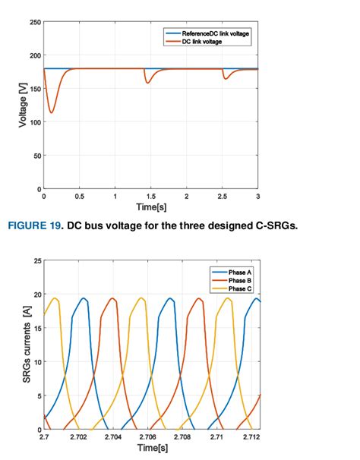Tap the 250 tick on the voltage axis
click(x=36, y=22)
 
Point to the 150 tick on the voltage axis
click(x=36, y=89)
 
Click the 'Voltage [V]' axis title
click(x=24, y=105)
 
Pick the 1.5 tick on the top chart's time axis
click(x=150, y=196)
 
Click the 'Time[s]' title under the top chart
click(x=151, y=206)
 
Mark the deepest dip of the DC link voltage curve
click(x=51, y=113)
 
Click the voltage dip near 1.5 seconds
click(x=147, y=82)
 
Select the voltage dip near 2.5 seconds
click(x=224, y=78)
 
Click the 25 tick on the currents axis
click(x=37, y=261)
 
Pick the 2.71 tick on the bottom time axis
click(x=217, y=438)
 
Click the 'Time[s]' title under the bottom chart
click(x=150, y=449)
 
